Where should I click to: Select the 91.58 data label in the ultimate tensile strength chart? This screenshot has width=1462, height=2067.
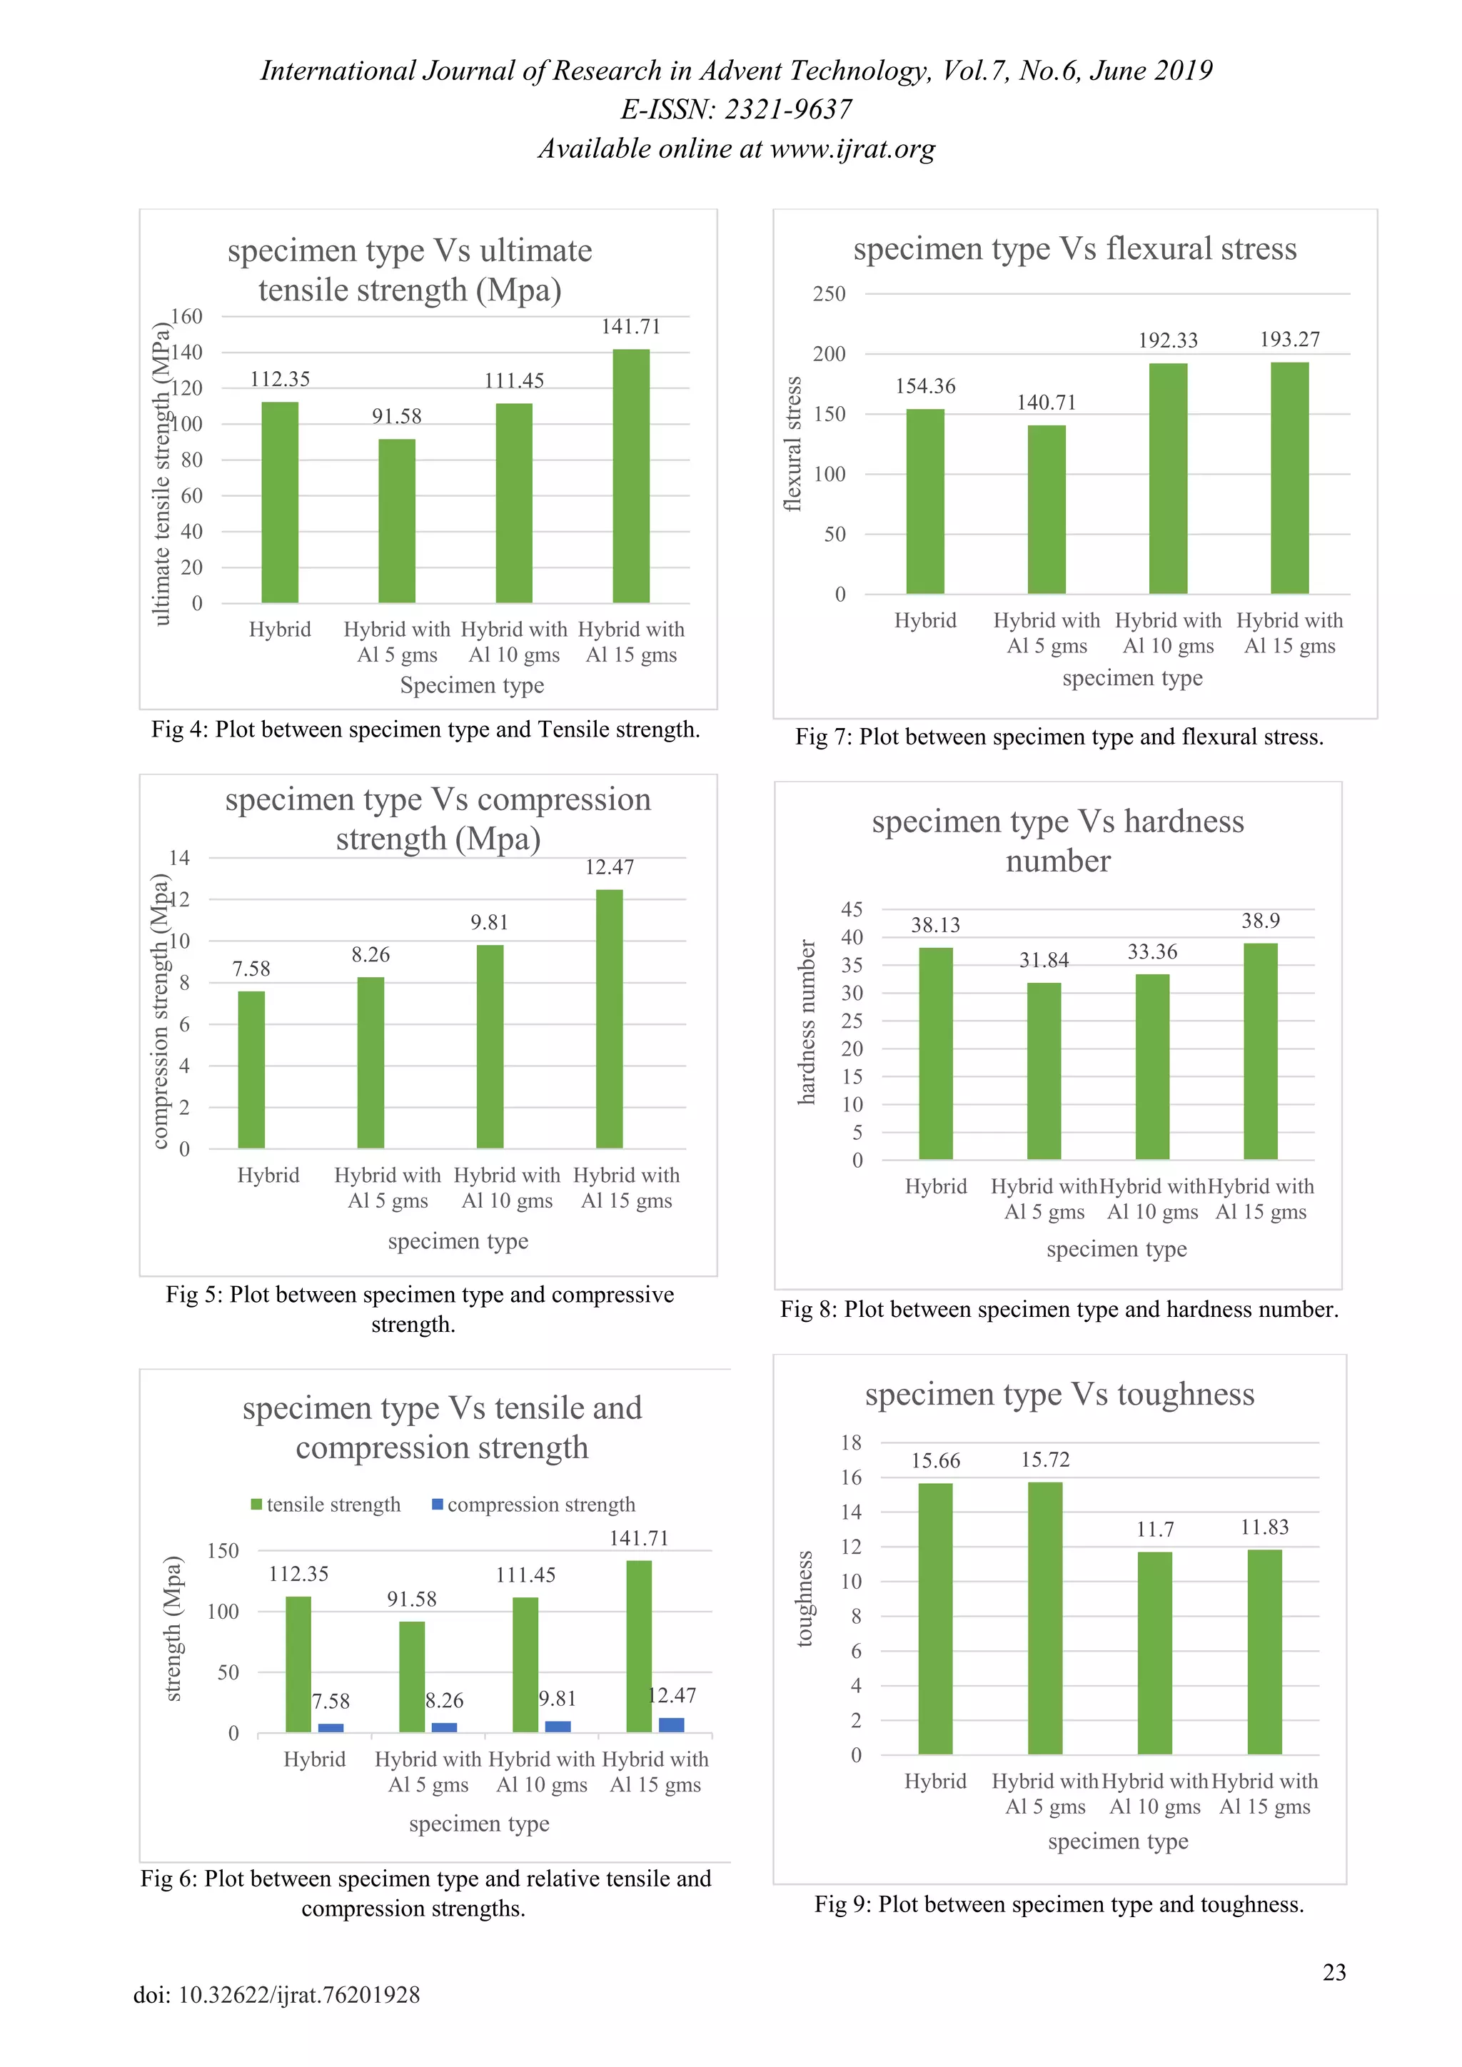pyautogui.click(x=397, y=416)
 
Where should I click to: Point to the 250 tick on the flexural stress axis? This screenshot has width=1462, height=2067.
pyautogui.click(x=829, y=294)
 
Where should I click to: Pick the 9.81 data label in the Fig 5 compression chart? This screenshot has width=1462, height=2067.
pyautogui.click(x=489, y=923)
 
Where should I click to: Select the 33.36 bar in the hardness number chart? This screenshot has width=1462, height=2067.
pyautogui.click(x=1152, y=1067)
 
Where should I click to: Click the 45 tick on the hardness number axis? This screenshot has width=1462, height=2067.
pyautogui.click(x=852, y=909)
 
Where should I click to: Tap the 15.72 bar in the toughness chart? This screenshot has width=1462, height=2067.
pyautogui.click(x=1045, y=1618)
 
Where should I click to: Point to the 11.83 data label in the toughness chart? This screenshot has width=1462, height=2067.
pyautogui.click(x=1264, y=1527)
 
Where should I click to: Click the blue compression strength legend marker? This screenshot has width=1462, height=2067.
pyautogui.click(x=438, y=1505)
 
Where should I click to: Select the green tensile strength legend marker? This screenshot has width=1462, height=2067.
pyautogui.click(x=256, y=1505)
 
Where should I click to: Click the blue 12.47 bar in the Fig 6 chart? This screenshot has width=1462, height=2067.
pyautogui.click(x=672, y=1725)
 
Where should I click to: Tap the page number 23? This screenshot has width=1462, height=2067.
pyautogui.click(x=1334, y=1973)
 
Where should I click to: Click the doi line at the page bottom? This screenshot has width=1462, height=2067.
pyautogui.click(x=276, y=1995)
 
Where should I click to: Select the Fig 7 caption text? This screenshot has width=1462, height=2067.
pyautogui.click(x=1059, y=737)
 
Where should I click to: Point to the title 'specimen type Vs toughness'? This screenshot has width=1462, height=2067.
pyautogui.click(x=1059, y=1395)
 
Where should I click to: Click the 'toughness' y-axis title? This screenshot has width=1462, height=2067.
pyautogui.click(x=804, y=1598)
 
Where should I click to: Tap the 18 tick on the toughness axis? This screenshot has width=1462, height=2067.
pyautogui.click(x=852, y=1443)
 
